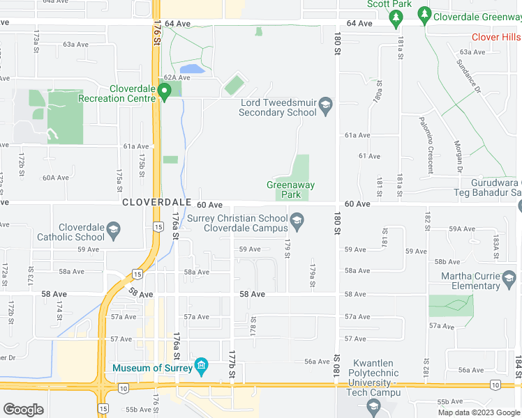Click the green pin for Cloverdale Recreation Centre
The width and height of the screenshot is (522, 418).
(165, 92)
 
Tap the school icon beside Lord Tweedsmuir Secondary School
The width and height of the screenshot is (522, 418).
(326, 107)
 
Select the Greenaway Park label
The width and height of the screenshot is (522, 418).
(290, 189)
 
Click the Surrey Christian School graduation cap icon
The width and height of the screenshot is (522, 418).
(297, 222)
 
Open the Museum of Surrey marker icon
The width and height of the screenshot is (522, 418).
(202, 366)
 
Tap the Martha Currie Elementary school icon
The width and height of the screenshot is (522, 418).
(511, 279)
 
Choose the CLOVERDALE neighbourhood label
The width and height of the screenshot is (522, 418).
(156, 202)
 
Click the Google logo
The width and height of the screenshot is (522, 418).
(24, 410)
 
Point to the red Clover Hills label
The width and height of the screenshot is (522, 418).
(495, 37)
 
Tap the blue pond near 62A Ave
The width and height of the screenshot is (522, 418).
(192, 69)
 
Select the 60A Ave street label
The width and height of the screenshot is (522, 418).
(56, 178)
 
